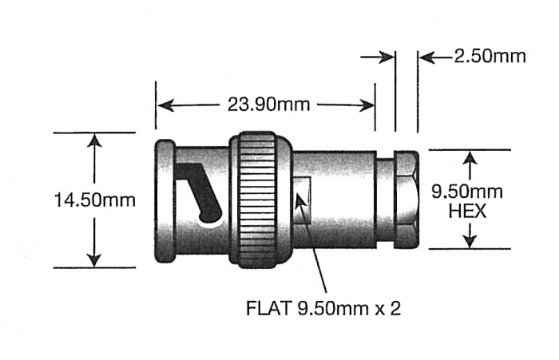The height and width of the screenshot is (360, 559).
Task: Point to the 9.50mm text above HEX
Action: (x=470, y=192)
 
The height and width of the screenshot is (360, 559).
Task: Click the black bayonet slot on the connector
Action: (x=200, y=192)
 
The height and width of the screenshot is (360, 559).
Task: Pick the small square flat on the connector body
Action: (x=304, y=195)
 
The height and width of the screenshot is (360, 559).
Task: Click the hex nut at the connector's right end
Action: (x=406, y=199)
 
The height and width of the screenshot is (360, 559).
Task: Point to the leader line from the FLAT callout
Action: (x=317, y=247)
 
